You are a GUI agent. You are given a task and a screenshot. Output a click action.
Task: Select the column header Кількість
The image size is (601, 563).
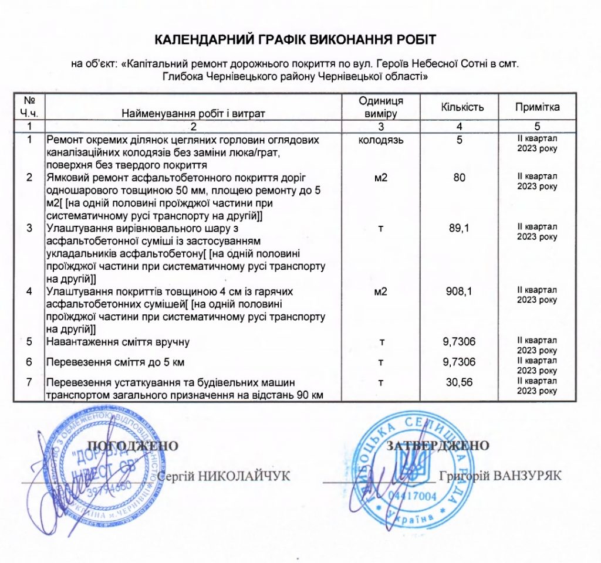[x=462, y=107]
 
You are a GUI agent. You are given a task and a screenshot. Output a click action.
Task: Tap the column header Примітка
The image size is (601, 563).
[x=537, y=107]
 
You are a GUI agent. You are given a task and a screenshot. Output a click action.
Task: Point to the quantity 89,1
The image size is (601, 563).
[x=460, y=228]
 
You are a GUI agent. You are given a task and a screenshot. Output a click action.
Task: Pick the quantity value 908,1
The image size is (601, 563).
[x=460, y=291]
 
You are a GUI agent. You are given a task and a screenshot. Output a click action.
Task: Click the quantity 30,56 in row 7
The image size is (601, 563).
[x=460, y=382]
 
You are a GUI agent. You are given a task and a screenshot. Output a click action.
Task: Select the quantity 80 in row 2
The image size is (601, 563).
[x=460, y=177]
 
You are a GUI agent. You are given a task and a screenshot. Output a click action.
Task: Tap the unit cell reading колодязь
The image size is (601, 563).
[x=380, y=141]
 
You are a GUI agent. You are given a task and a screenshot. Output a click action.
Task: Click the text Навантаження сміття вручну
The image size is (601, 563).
[x=117, y=341]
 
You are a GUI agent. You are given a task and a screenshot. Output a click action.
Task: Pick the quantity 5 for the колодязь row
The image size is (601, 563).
[x=460, y=141]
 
